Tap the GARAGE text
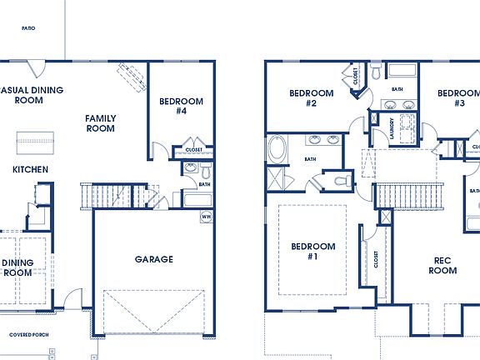pyautogui.click(x=154, y=259)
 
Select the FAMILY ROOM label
pyautogui.click(x=101, y=123)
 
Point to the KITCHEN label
pyautogui.click(x=30, y=170)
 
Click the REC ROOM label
pyautogui.click(x=443, y=265)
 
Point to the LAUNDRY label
pyautogui.click(x=392, y=128)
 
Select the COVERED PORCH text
pyautogui.click(x=28, y=335)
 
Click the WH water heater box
pyautogui.click(x=205, y=217)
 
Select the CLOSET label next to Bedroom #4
pyautogui.click(x=193, y=150)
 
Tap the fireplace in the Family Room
pyautogui.click(x=133, y=78)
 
